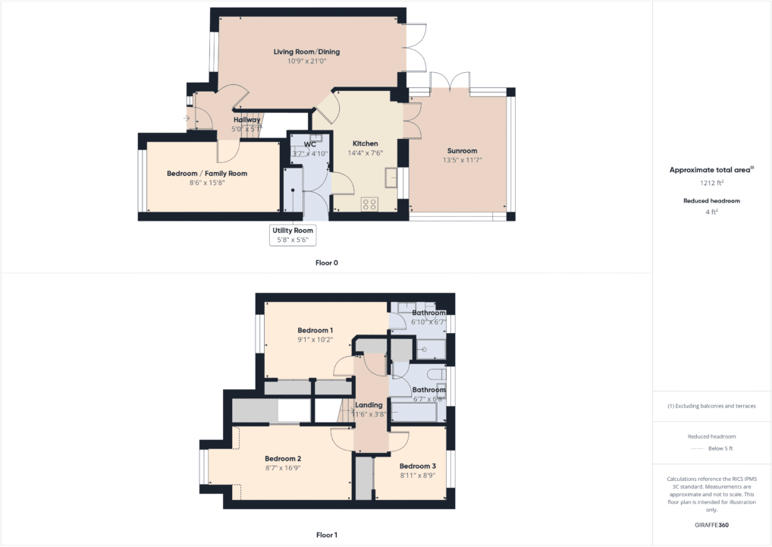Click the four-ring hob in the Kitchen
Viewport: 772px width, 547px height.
coord(369,203)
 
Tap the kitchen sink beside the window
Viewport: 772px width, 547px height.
coord(391,178)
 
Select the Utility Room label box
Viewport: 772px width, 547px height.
coord(293,234)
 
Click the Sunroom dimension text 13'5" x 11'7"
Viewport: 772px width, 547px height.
coord(463,160)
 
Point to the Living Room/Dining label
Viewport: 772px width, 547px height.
coord(306,52)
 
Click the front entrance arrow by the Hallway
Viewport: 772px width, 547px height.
coord(187,118)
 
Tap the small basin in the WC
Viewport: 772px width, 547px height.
coord(317,138)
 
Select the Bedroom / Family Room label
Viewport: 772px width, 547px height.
coord(206,174)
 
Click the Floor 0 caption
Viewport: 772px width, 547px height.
coord(326,263)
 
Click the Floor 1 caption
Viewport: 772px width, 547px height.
coord(326,535)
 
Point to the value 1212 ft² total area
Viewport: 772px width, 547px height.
coord(712,183)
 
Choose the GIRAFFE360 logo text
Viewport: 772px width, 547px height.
coord(712,524)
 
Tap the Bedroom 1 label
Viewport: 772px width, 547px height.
coord(315,330)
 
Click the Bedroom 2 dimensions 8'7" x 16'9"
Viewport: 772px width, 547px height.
coord(282,468)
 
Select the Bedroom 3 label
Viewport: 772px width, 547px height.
coord(417,466)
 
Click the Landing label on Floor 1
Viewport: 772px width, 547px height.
coord(369,405)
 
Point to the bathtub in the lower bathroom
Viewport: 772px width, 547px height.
coord(416,412)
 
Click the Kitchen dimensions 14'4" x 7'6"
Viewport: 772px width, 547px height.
coord(365,152)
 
